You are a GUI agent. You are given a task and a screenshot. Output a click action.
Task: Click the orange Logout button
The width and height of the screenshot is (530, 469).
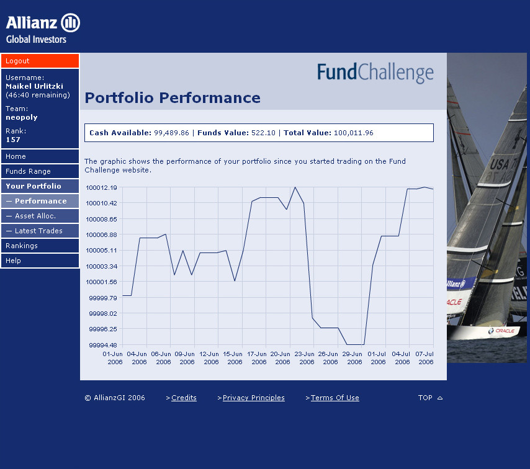point(40,61)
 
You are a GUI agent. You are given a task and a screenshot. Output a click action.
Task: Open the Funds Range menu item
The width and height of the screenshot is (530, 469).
point(40,171)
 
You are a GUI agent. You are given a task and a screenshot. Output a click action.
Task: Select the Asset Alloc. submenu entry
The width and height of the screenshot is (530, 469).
point(40,216)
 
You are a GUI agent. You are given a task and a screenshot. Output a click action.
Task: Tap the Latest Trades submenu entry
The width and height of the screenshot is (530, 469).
point(40,231)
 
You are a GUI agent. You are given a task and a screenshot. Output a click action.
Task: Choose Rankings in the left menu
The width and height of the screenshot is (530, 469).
point(40,246)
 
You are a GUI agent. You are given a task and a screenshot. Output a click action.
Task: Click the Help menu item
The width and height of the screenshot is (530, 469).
point(40,261)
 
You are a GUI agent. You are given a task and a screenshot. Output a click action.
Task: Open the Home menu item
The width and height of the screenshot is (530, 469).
point(40,156)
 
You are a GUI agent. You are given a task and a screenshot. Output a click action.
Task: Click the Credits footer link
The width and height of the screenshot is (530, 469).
point(184,398)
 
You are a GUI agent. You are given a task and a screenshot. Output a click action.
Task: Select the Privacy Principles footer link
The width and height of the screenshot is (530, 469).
point(253,398)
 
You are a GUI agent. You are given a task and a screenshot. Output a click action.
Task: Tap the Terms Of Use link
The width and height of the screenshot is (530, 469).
point(335,398)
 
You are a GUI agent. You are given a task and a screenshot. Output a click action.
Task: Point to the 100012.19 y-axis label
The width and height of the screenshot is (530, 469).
point(101,187)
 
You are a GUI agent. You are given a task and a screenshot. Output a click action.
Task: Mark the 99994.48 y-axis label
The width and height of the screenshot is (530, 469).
point(103,345)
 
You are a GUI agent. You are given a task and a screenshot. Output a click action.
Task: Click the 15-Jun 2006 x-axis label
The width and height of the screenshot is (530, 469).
point(233,358)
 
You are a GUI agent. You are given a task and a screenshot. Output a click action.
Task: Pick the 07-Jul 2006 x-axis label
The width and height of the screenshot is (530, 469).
point(424,358)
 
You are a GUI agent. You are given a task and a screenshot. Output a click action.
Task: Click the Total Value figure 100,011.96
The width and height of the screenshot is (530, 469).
point(354,133)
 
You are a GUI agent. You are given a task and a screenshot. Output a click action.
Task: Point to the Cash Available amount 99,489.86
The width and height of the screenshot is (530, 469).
point(171,133)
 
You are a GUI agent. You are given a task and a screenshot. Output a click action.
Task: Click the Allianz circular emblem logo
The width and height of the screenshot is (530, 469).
point(70,22)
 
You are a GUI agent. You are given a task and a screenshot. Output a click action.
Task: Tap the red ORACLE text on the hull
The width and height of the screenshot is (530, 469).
point(505,331)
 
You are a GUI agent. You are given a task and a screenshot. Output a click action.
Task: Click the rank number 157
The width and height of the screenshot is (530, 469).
point(13,140)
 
